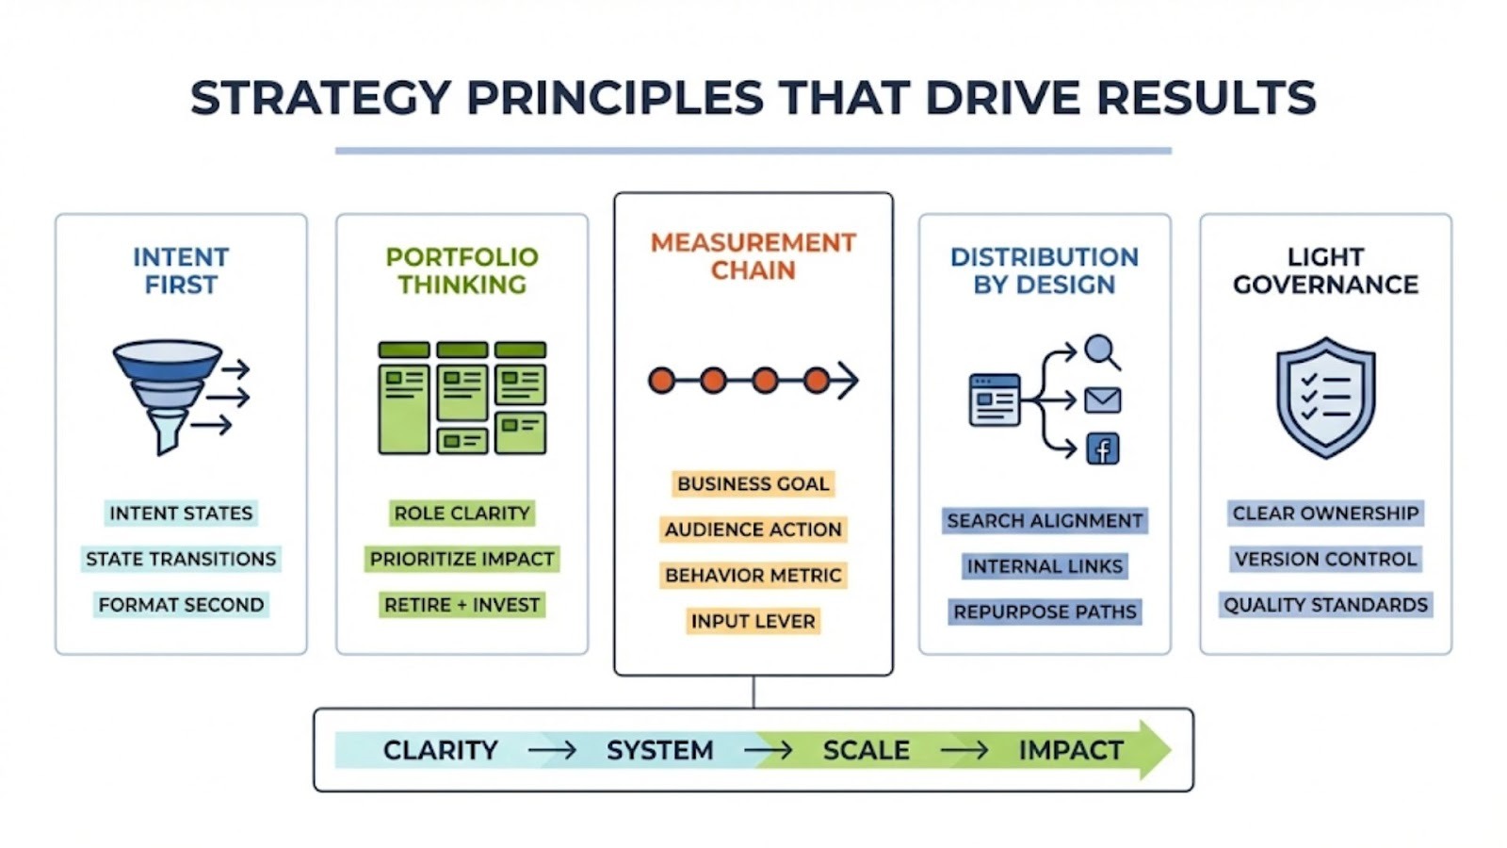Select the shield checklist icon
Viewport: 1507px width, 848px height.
coord(1325,398)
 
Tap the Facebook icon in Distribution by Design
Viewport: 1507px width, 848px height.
coord(1103,448)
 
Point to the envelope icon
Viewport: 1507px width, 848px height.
coord(1103,400)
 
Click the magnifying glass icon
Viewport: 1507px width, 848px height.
coord(1102,352)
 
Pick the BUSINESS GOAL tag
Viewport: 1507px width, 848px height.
coord(753,484)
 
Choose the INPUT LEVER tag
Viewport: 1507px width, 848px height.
coord(753,621)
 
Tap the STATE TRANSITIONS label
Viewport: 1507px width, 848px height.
coord(181,560)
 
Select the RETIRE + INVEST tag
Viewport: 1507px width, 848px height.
coord(462,605)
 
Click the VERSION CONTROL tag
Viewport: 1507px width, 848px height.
coord(1325,560)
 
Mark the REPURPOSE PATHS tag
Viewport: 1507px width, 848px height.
coord(1045,612)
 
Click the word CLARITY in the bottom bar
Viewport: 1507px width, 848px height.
coord(441,750)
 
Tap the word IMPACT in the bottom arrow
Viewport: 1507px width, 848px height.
coord(1071,750)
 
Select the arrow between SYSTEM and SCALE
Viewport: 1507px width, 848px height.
coord(768,750)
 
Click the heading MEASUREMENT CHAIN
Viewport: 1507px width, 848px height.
coord(753,256)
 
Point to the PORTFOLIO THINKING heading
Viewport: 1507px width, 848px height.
coord(462,270)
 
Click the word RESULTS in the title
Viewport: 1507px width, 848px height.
coord(1206,98)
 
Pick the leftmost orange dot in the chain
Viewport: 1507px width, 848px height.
coord(662,381)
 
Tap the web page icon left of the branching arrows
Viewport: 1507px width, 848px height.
coord(995,400)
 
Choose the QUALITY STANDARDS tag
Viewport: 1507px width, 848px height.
coord(1325,605)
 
